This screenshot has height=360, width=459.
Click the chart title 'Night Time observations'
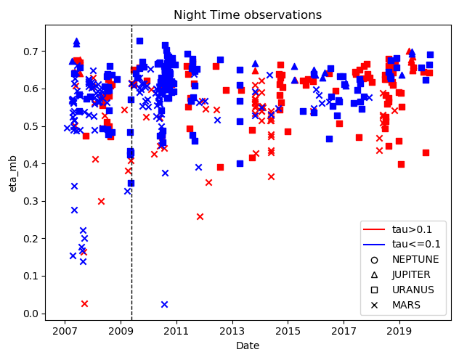(x=248, y=15)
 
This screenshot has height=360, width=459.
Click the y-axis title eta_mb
(x=12, y=174)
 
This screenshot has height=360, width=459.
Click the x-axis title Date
(x=248, y=345)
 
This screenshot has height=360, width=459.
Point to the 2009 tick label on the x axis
(x=121, y=332)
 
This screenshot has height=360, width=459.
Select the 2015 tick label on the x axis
(x=288, y=332)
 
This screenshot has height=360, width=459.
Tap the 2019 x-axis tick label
(x=399, y=332)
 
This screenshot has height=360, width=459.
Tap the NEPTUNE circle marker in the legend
(x=374, y=260)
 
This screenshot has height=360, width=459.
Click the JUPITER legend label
(x=411, y=274)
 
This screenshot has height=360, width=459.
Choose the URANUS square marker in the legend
(x=374, y=290)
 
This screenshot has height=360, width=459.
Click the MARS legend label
(x=406, y=305)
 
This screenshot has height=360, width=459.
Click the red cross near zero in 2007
(x=84, y=303)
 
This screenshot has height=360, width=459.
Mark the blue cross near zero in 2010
(x=165, y=304)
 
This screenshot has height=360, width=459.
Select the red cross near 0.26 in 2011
(x=200, y=217)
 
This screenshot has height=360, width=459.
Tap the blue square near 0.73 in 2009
(x=139, y=41)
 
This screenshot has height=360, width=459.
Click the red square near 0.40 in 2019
(x=401, y=164)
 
